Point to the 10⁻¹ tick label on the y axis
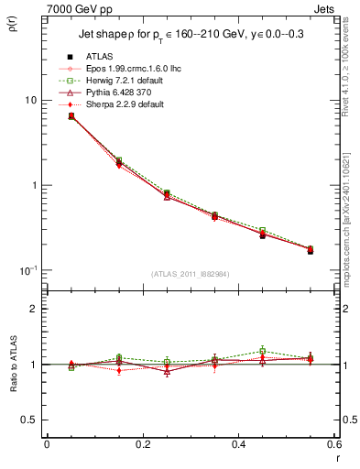pos(27,269)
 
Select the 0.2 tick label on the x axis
pos(141,445)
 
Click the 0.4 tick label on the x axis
pos(237,445)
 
